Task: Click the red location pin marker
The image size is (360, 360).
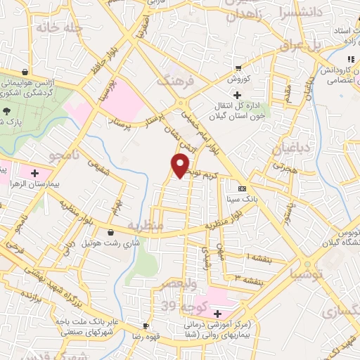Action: [180, 165]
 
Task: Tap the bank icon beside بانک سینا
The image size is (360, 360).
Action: [242, 188]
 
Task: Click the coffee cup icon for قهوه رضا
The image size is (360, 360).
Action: [146, 326]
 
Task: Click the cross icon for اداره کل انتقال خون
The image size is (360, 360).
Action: [238, 96]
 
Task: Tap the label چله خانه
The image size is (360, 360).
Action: [58, 27]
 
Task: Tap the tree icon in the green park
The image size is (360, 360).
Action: [6, 111]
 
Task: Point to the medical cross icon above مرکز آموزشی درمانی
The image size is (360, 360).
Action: [217, 314]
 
